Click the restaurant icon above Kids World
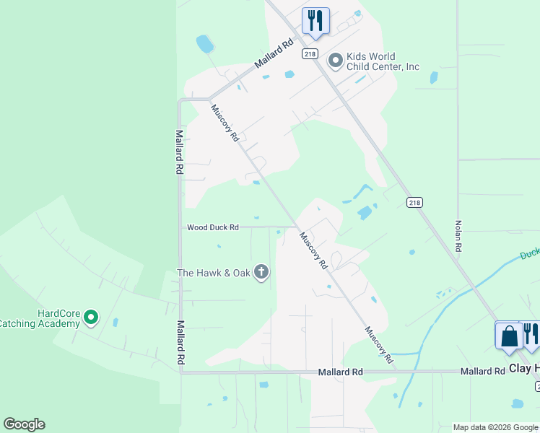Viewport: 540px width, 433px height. [314, 20]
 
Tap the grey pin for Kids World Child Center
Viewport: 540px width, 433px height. [335, 61]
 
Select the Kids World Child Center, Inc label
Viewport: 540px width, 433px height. [383, 62]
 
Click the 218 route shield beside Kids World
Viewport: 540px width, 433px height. [309, 53]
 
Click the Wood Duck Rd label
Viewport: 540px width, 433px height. [212, 227]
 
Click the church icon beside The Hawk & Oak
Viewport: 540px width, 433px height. [261, 273]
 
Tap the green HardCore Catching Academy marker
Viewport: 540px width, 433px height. [90, 317]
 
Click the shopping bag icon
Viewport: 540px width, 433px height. [509, 336]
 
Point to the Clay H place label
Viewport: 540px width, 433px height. [524, 369]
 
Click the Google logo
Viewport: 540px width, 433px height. [24, 424]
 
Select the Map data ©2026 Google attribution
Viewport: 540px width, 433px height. [495, 427]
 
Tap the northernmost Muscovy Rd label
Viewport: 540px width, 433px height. [225, 123]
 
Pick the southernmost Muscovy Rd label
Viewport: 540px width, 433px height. [378, 344]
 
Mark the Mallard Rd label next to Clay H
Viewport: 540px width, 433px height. [483, 371]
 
